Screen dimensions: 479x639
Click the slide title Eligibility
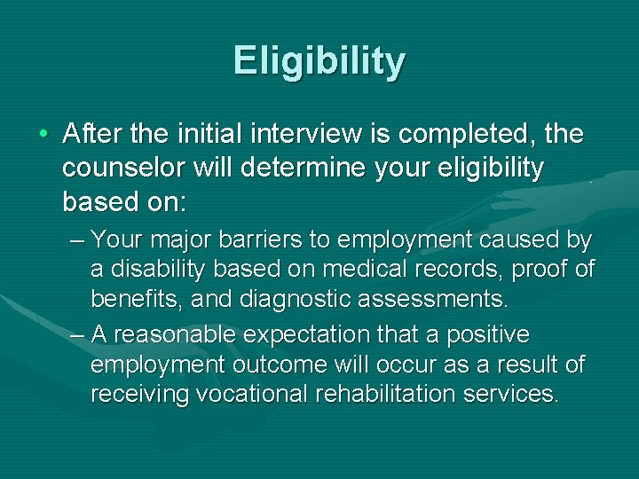pyautogui.click(x=319, y=61)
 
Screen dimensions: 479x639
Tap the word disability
pyautogui.click(x=165, y=269)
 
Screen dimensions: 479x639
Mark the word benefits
pyautogui.click(x=131, y=299)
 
